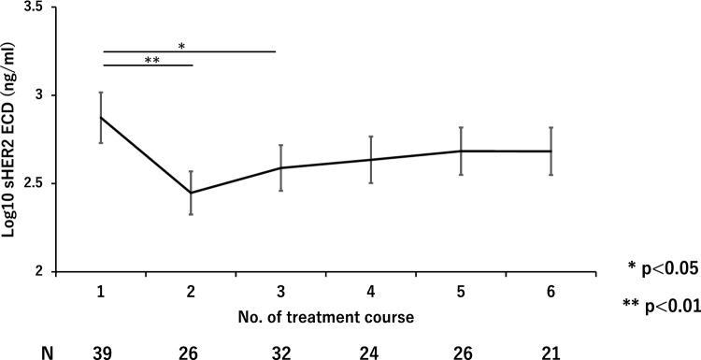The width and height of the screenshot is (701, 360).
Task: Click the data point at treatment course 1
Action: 101,117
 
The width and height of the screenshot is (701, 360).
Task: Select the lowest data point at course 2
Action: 192,193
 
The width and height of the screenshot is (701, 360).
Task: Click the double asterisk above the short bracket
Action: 148,59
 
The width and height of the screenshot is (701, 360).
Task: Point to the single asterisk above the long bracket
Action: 181,44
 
